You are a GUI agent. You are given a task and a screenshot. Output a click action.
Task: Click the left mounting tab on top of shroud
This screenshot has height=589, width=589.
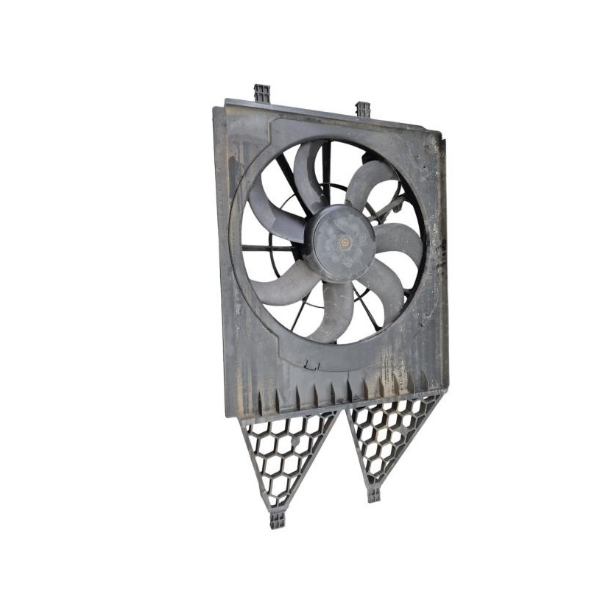pos(262,94)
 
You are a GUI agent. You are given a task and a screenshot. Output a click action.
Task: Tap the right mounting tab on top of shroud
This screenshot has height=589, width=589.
pos(362,110)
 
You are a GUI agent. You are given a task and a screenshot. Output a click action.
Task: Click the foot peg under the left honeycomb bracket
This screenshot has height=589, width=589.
pos(278,520)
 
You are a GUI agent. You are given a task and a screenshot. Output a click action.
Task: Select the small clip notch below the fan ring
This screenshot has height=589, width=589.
pos(312,363)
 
